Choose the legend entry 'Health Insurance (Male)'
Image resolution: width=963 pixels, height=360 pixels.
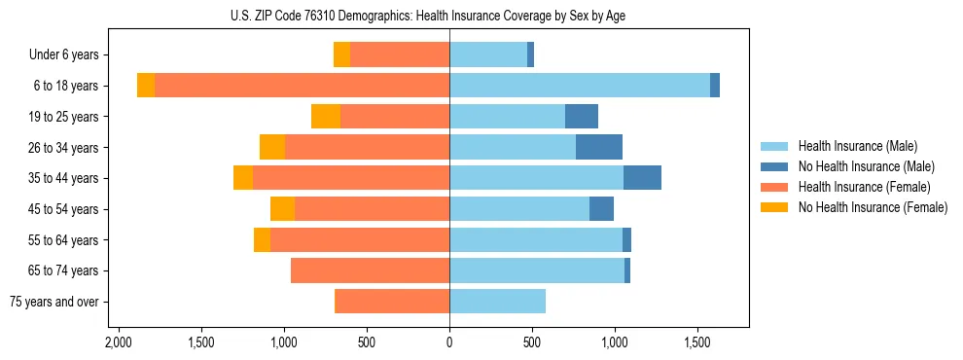coord(858,146)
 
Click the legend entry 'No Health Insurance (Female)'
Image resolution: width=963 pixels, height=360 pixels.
coord(873,207)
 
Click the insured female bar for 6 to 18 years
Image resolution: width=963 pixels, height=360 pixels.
coord(302,86)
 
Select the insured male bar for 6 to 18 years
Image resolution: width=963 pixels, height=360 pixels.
coord(579,86)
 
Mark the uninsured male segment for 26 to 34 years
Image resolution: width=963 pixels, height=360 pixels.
coord(599,147)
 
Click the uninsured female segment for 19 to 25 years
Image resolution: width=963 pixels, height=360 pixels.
coord(326,117)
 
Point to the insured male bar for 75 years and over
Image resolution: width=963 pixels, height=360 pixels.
coord(497,302)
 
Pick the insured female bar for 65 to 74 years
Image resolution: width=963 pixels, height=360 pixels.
coord(370,270)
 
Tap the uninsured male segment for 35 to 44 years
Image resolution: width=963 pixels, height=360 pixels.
coord(642,178)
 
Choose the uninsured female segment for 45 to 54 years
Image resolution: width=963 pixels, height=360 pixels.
coord(282,209)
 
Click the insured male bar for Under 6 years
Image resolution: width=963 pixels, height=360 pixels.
coord(488,55)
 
